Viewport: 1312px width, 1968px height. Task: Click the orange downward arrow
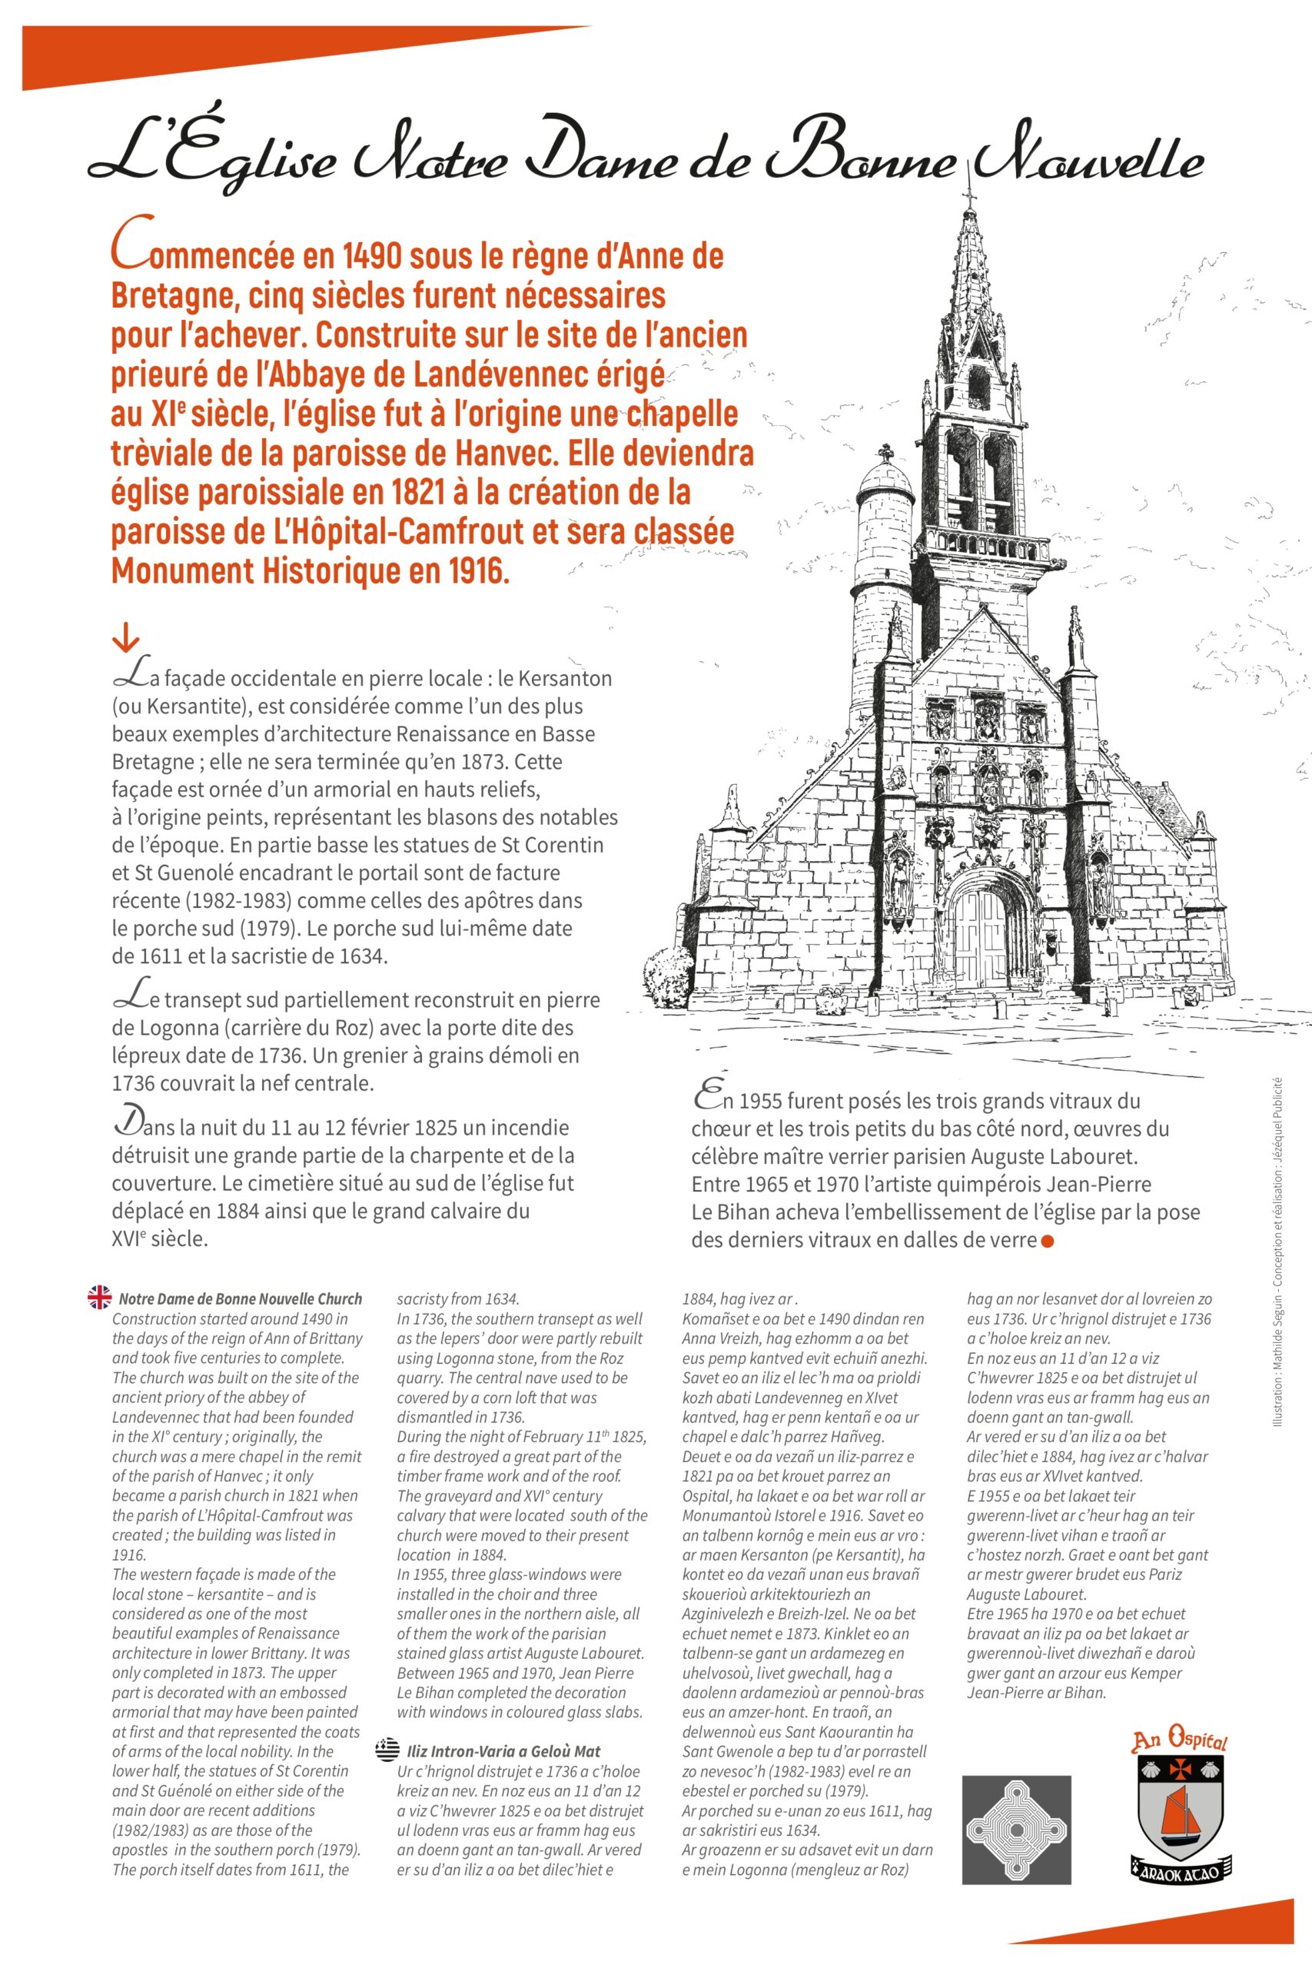click(125, 640)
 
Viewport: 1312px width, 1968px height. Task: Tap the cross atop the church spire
click(970, 198)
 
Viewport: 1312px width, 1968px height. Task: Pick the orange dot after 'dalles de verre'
click(1047, 1241)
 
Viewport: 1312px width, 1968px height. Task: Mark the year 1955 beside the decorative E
click(764, 1101)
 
